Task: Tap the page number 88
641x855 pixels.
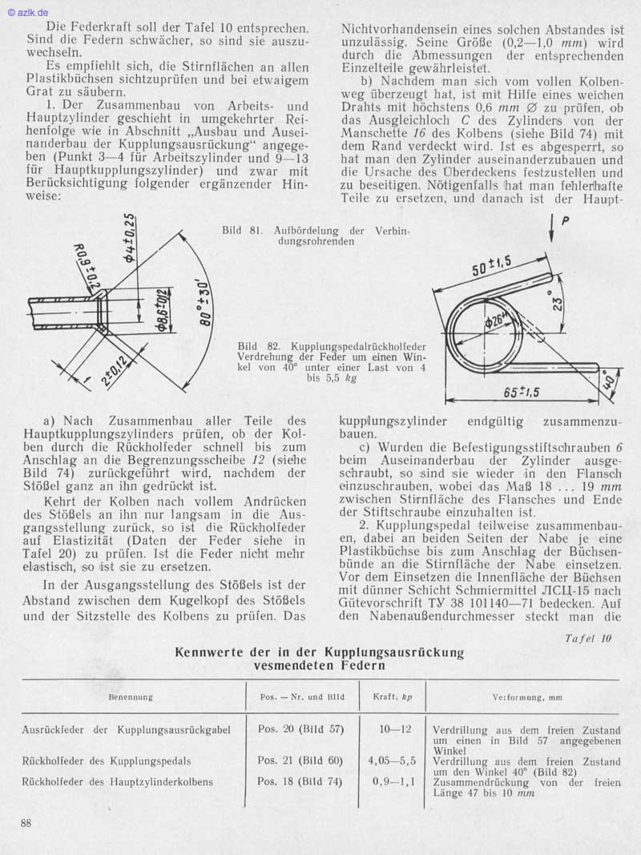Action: coord(27,823)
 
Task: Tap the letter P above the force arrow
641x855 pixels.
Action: coord(566,224)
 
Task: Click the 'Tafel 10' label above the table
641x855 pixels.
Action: coord(588,639)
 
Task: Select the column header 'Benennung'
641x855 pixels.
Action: coord(131,696)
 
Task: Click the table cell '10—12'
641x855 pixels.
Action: coord(395,729)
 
